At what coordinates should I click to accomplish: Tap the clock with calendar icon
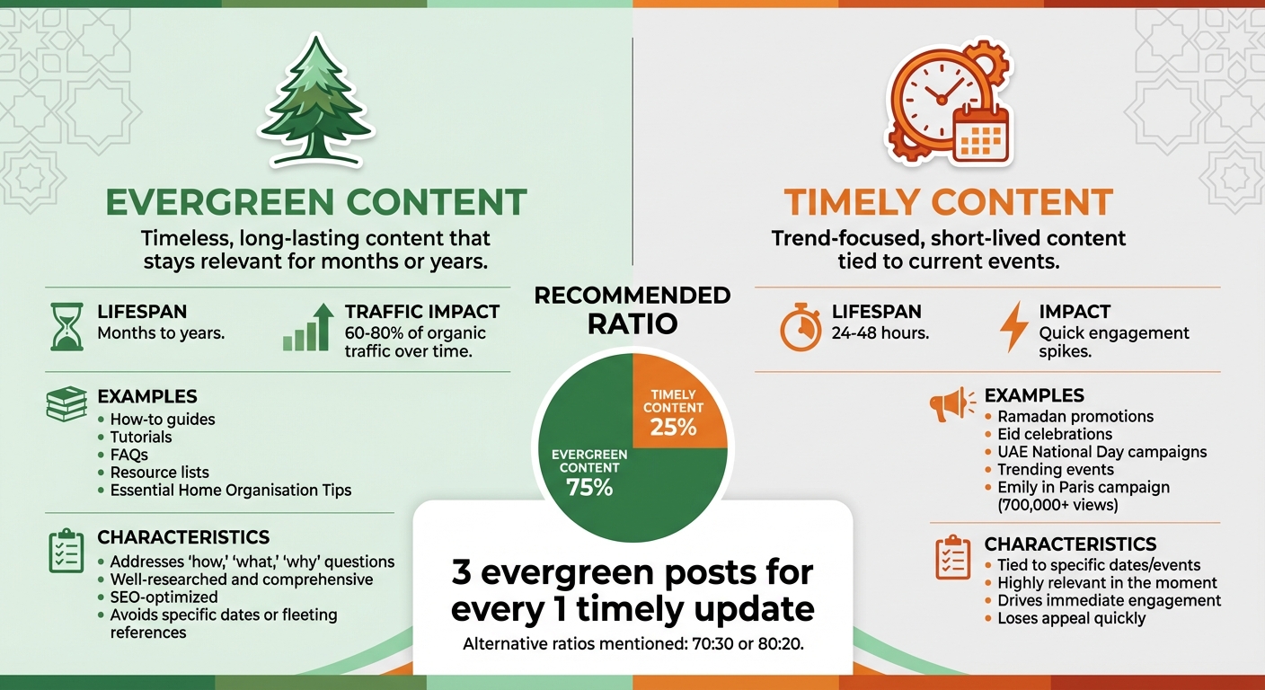948,106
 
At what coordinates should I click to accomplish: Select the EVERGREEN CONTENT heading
315,202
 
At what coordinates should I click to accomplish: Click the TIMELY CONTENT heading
948,202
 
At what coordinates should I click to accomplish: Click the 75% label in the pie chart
589,488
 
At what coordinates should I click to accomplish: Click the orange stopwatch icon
801,327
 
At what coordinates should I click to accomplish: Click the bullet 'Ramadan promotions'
1075,417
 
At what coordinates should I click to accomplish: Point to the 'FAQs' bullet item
128,455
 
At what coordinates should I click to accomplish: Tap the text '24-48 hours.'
880,333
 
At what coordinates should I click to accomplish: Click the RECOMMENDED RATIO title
632,309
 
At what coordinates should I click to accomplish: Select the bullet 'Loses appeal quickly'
1071,618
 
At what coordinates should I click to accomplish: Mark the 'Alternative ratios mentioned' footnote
632,644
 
